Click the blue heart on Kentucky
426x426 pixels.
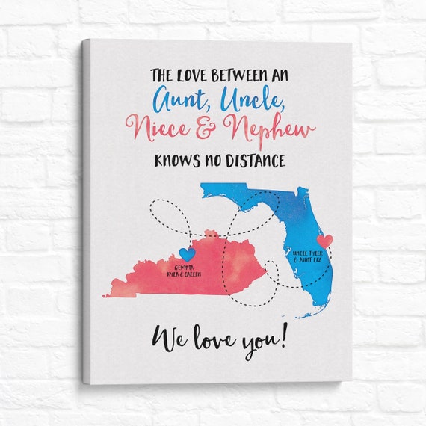[187, 254]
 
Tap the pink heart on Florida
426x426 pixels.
[324, 241]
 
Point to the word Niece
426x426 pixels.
[162, 128]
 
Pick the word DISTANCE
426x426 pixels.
[256, 159]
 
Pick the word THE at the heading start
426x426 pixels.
[162, 75]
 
